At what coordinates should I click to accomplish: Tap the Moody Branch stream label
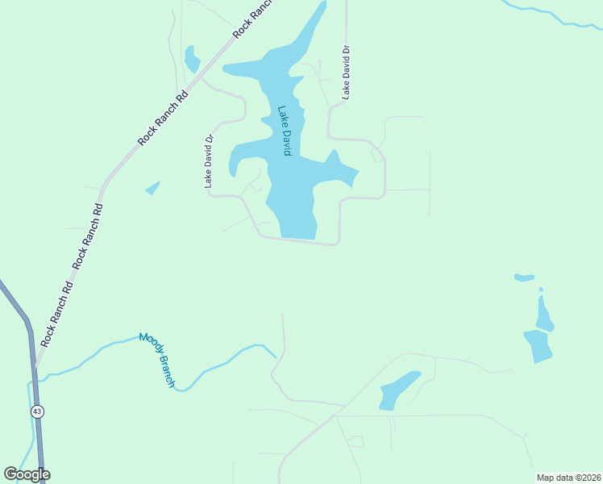(x=156, y=360)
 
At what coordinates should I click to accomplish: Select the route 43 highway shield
(x=37, y=411)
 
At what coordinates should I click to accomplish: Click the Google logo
(x=27, y=474)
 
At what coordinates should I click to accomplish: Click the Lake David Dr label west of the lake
(x=209, y=161)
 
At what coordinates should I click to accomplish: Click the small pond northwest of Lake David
(x=192, y=60)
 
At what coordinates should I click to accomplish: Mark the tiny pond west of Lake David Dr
(x=152, y=188)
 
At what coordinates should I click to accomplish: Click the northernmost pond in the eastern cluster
(x=524, y=277)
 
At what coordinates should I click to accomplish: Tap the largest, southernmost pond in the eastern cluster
(x=539, y=345)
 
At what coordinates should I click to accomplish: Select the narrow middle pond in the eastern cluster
(x=544, y=315)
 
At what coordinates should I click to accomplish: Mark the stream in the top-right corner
(x=556, y=16)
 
